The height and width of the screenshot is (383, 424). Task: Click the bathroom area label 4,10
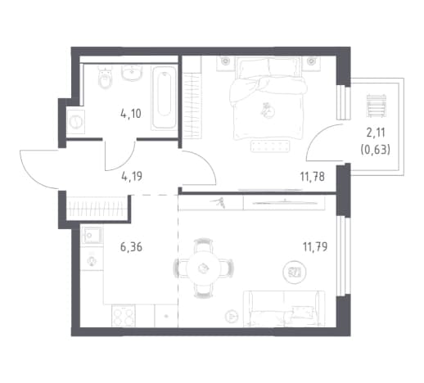(x=131, y=114)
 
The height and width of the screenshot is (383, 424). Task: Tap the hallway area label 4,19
(x=132, y=176)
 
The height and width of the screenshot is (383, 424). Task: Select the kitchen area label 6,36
(x=131, y=247)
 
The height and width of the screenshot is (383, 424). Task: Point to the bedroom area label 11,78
(x=313, y=177)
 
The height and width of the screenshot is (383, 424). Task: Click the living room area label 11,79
(x=315, y=247)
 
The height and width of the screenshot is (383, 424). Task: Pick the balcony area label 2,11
(x=376, y=133)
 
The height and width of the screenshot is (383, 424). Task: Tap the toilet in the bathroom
(x=105, y=78)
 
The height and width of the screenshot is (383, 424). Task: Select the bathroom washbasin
(x=132, y=72)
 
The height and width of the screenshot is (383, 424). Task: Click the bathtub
(x=165, y=97)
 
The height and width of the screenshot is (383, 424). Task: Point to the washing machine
(x=75, y=122)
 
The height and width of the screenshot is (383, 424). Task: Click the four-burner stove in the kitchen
(x=124, y=316)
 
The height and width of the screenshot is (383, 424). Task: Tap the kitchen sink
(x=92, y=235)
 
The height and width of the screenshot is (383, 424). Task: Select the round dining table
(x=203, y=268)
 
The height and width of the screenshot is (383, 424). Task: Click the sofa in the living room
(x=284, y=309)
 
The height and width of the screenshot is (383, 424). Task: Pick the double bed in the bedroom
(x=268, y=98)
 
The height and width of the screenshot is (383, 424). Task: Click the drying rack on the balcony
(x=377, y=106)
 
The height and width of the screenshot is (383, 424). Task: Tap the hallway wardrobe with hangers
(x=97, y=209)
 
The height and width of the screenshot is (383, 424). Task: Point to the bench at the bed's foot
(x=269, y=146)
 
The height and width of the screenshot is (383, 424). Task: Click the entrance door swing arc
(x=34, y=175)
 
